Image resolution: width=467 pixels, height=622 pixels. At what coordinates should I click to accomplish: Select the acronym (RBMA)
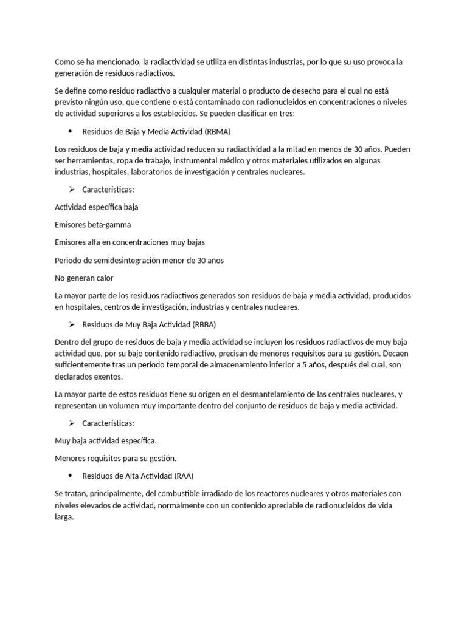point(216,131)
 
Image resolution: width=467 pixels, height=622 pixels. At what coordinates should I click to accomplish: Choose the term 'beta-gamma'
point(109,225)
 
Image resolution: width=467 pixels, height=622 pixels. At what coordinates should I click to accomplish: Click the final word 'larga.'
point(64,516)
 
